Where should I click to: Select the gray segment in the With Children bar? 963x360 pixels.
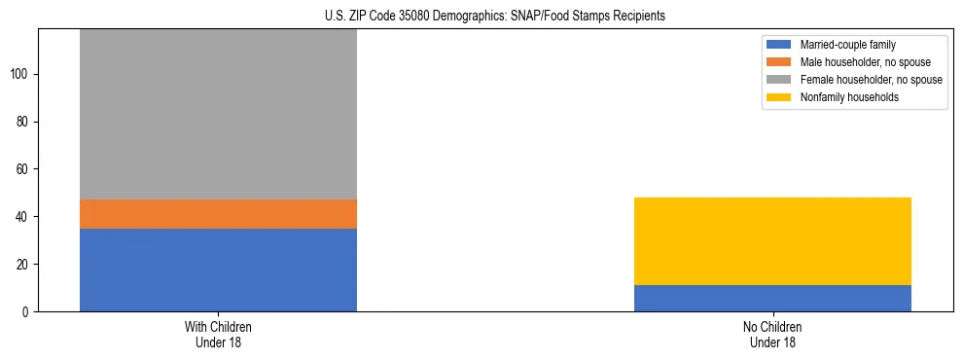click(x=218, y=114)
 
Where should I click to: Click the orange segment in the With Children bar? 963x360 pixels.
click(x=218, y=214)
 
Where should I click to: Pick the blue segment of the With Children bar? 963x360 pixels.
click(x=218, y=270)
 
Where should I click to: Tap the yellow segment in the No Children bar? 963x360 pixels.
click(x=772, y=241)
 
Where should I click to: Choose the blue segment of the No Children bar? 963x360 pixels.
click(x=772, y=298)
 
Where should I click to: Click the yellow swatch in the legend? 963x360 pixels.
click(x=779, y=97)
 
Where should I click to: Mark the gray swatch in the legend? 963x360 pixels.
click(x=779, y=80)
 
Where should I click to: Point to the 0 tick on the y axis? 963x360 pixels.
click(x=25, y=311)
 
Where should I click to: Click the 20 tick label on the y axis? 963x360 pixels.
click(x=22, y=265)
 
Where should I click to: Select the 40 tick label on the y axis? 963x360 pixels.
click(x=22, y=217)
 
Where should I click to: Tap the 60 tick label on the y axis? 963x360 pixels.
click(x=22, y=169)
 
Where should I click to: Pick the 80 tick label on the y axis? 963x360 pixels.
click(x=22, y=122)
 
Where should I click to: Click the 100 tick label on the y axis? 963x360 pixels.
click(x=19, y=75)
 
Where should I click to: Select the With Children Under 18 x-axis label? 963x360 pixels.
click(x=218, y=334)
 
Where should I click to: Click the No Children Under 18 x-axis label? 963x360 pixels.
click(x=772, y=334)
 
